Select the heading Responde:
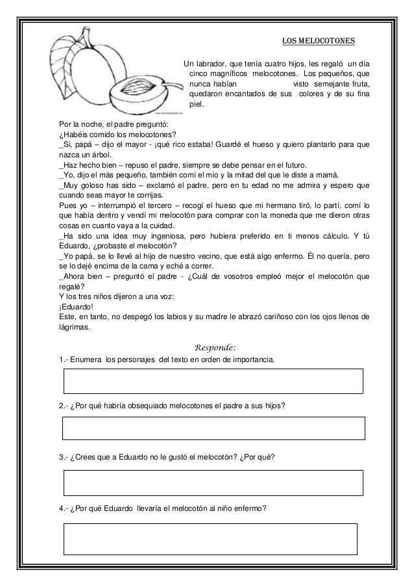(x=208, y=346)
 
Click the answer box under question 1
(x=213, y=381)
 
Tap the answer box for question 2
(x=213, y=428)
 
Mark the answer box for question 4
(x=210, y=539)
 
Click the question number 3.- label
(x=63, y=458)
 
